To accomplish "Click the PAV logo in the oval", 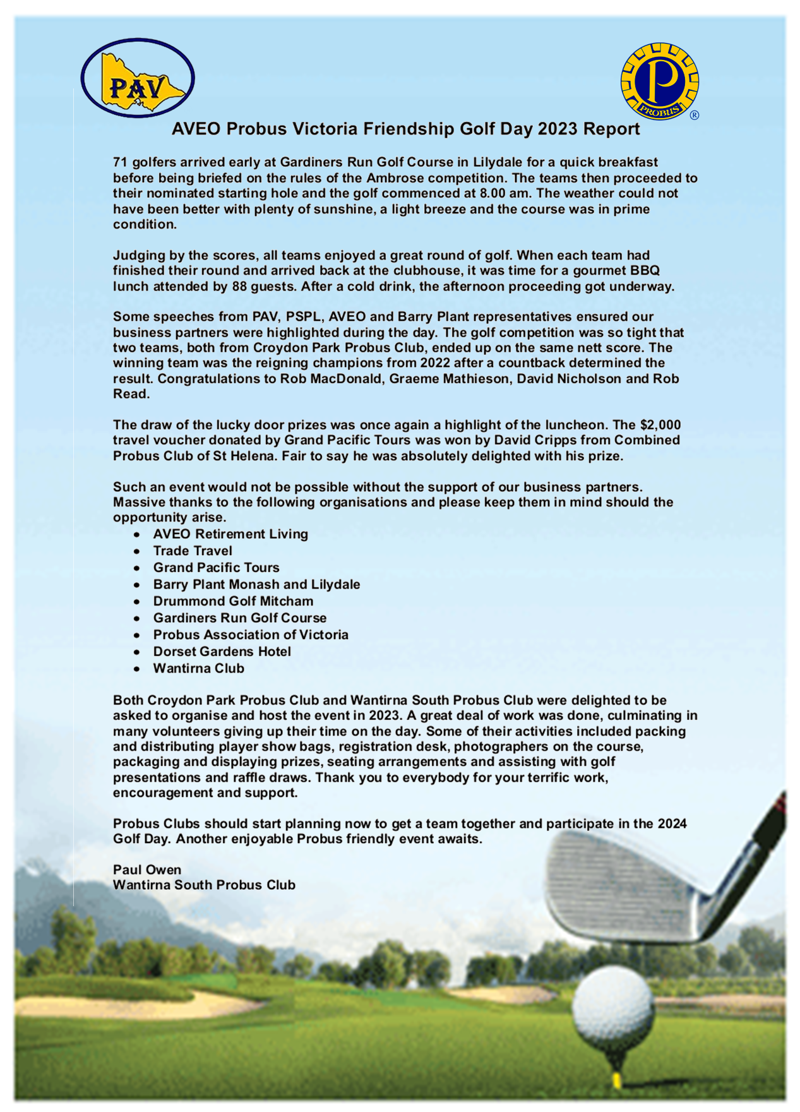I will tap(138, 79).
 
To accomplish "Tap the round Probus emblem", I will tap(660, 81).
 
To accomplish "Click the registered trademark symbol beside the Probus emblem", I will tap(695, 115).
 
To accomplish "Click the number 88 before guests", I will tap(240, 286).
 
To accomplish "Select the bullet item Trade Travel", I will tap(193, 551).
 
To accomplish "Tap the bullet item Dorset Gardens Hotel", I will tap(222, 651).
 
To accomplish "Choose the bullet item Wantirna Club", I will tap(198, 668).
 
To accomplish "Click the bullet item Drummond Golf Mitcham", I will tap(233, 601).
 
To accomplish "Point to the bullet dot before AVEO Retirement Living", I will tap(137, 534).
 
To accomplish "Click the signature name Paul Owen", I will tap(147, 870).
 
